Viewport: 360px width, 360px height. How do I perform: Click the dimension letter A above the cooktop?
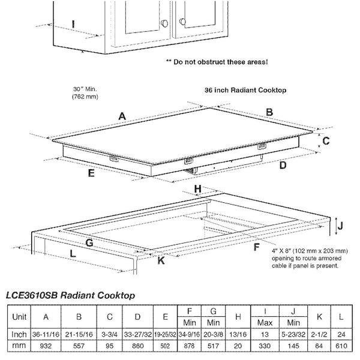point(122,116)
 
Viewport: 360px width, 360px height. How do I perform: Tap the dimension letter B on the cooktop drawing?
point(269,112)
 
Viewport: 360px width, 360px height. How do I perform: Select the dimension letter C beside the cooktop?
point(326,141)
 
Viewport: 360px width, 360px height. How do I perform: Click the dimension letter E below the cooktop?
point(91,174)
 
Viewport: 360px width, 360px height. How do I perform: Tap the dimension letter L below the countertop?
point(73,254)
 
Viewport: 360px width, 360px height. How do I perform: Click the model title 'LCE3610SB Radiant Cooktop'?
point(70,295)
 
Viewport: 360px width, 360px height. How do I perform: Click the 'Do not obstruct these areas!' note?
point(217,62)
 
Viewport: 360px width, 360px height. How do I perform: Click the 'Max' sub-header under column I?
point(266,322)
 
